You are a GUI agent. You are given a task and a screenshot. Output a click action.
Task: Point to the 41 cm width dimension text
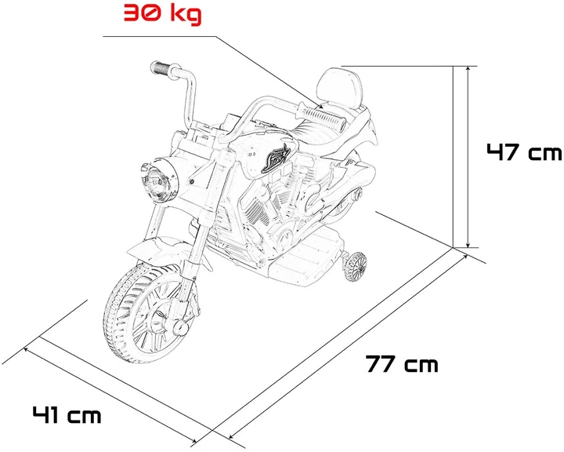[67, 413]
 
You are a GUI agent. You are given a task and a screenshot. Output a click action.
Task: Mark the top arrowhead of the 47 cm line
[468, 71]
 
